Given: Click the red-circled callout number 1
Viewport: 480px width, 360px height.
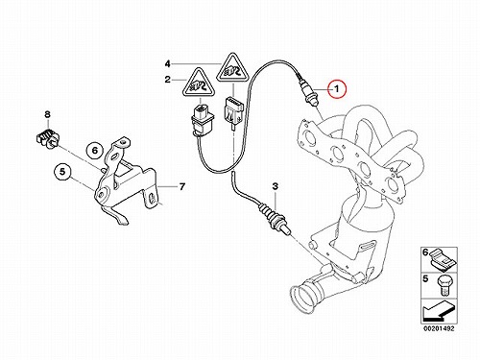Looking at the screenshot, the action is coord(337,88).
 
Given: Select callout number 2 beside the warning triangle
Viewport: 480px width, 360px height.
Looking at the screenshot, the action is coord(168,80).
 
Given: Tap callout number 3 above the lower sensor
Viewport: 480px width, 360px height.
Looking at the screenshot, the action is coord(276,186).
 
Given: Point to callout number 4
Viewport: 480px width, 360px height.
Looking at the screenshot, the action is coord(168,64).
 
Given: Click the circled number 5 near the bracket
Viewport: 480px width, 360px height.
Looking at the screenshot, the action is coord(62,172).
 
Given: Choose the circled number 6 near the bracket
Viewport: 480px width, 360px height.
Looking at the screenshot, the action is coord(95,150).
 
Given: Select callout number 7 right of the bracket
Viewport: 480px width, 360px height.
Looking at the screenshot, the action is coord(182,186).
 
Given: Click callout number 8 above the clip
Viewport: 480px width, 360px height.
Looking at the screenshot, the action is coord(47,114).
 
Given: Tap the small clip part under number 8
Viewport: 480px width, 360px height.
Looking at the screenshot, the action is coord(49,139).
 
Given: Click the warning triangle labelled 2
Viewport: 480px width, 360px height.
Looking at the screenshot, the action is coord(198,84).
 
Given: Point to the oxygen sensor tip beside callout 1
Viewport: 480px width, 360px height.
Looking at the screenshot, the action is coord(307,92).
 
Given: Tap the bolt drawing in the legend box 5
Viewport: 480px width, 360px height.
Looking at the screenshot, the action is coord(444,286).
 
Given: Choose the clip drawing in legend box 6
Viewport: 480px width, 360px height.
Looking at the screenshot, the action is coord(444,259).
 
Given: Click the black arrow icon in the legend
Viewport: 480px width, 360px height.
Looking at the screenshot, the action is coord(439,313).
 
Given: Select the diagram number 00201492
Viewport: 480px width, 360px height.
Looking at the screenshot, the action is coord(439,328).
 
